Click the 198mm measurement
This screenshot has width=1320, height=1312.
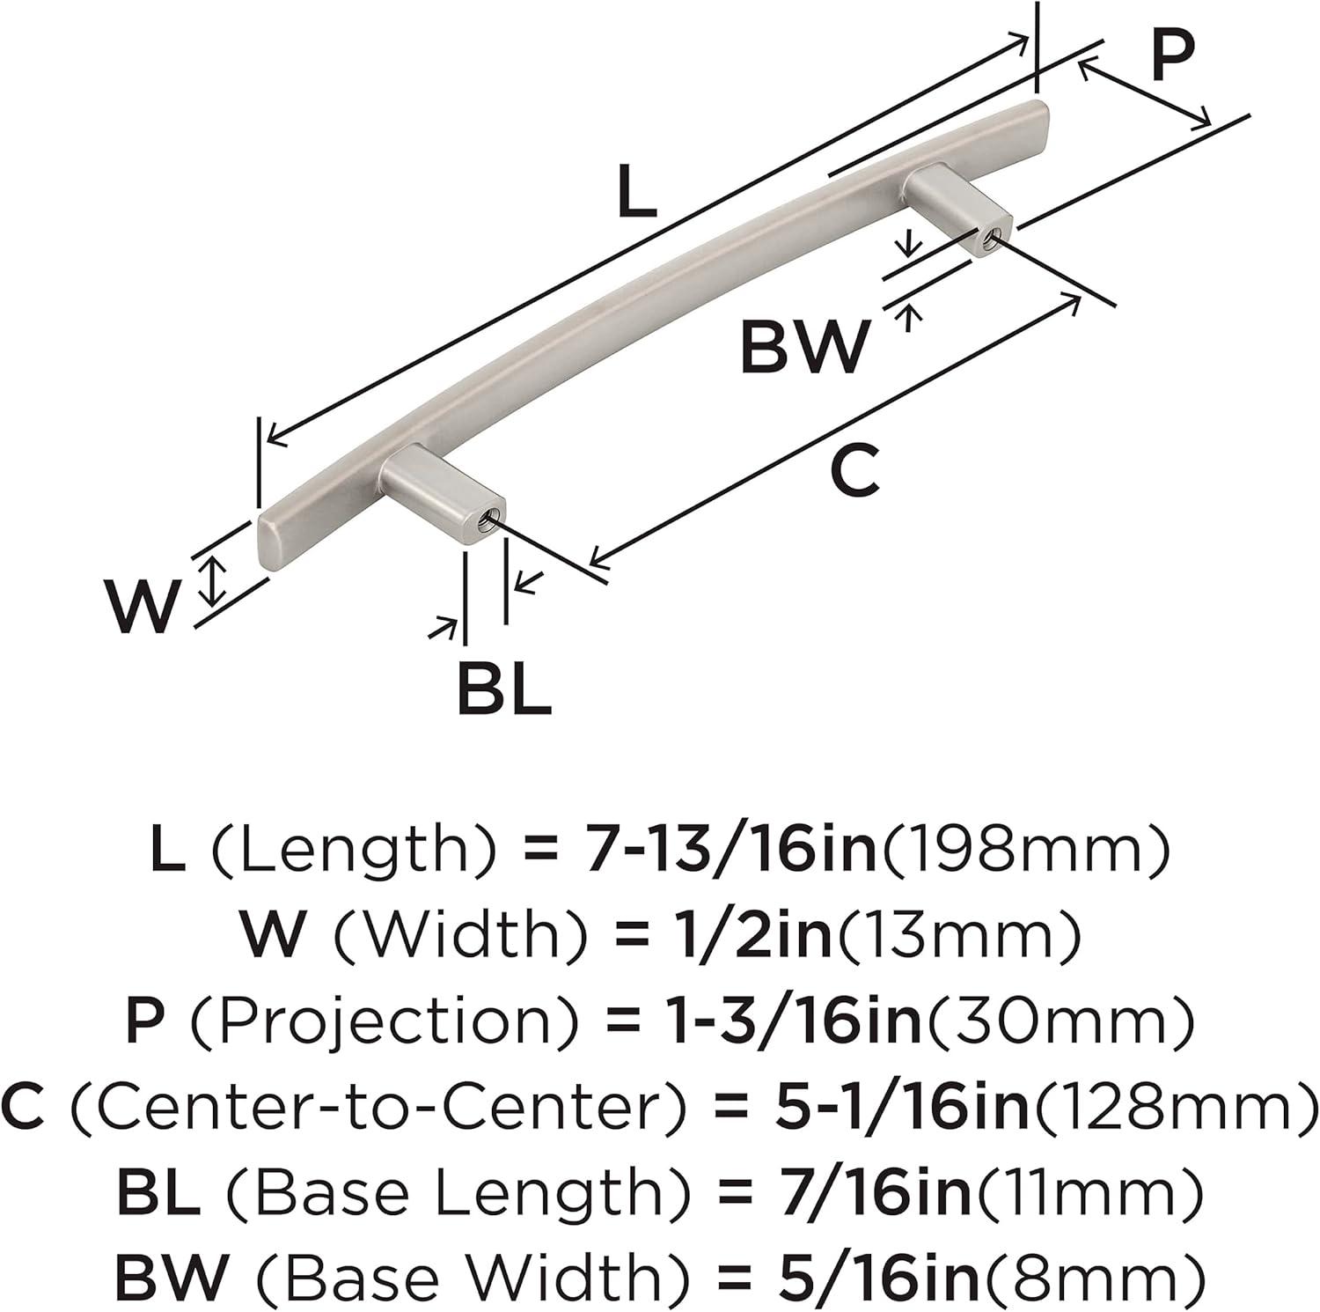(x=1026, y=851)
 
